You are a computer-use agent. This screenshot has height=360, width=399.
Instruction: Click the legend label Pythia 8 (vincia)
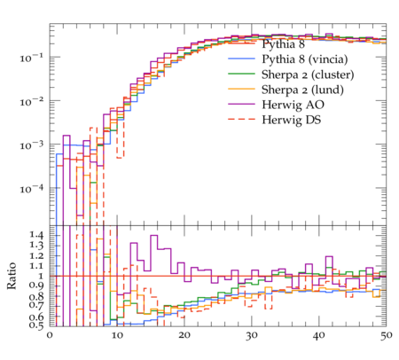tap(305, 59)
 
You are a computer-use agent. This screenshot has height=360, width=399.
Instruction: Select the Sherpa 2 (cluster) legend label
tap(308, 74)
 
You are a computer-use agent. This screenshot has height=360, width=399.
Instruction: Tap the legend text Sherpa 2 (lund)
tap(302, 90)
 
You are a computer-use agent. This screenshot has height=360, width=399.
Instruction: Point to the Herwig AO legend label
tap(293, 105)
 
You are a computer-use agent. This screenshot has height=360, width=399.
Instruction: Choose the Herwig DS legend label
tap(292, 120)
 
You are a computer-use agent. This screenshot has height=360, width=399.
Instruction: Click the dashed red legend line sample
tap(241, 119)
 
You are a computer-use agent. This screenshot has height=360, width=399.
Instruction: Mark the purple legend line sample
tap(241, 104)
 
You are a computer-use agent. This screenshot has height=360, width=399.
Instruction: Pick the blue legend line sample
tap(241, 59)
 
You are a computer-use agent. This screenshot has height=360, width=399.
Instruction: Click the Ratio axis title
tap(12, 276)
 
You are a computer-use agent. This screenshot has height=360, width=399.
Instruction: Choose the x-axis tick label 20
tap(184, 336)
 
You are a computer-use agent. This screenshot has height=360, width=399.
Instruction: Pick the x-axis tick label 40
tap(318, 336)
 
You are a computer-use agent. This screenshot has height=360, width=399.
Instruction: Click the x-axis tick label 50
tap(386, 336)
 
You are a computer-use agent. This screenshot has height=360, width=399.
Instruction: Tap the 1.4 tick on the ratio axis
tap(36, 236)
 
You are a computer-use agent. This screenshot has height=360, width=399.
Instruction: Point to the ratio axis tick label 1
tap(41, 277)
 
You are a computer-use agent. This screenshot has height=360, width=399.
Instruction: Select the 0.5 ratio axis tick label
tap(36, 325)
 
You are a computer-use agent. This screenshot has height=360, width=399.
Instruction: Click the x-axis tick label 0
tap(50, 336)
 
